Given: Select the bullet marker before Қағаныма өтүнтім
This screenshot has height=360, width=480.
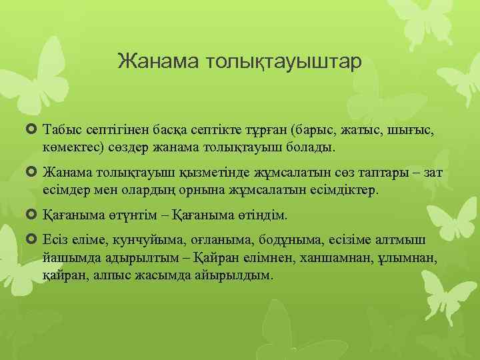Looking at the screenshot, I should pyautogui.click(x=33, y=215).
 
